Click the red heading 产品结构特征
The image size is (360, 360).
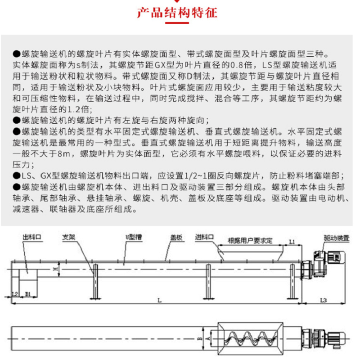tap(177, 13)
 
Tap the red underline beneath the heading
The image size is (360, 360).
tap(177, 23)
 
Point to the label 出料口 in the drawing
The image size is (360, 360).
tap(31, 237)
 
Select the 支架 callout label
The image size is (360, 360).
tap(69, 237)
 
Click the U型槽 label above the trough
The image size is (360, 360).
tap(134, 237)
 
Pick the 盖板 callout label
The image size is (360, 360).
tap(176, 238)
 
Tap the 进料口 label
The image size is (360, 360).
tap(204, 237)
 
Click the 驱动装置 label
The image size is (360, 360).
tap(337, 238)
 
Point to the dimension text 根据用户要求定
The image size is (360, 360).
tap(250, 241)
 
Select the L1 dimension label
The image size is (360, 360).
tap(292, 242)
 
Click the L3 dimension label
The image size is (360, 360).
tap(324, 300)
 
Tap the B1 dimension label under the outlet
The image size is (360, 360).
tap(28, 294)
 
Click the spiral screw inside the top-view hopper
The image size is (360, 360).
tap(250, 339)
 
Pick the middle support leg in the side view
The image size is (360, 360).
tap(208, 282)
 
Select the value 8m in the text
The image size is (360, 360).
tap(63, 153)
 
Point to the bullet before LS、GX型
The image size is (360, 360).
tap(17, 176)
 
